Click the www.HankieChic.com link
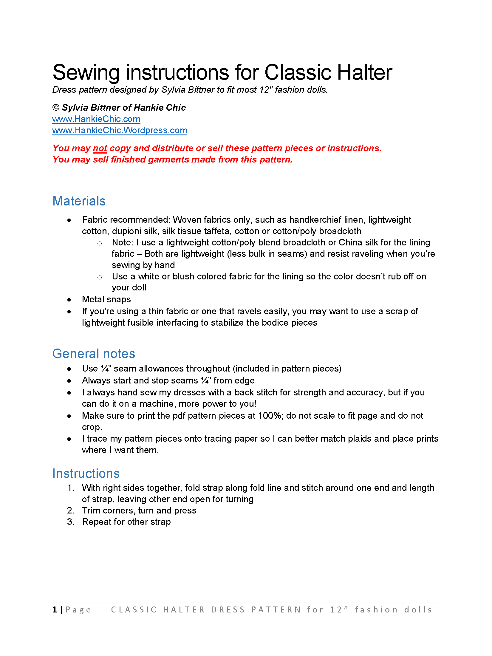[96, 119]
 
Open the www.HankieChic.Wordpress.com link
[120, 130]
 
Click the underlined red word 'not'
[100, 148]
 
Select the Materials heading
[79, 201]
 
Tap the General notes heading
[94, 354]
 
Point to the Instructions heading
[86, 474]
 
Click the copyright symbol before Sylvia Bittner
[56, 108]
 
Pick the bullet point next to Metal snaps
[69, 300]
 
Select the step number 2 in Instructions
[70, 510]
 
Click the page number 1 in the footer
[55, 609]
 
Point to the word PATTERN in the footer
[276, 609]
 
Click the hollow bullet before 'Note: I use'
[100, 243]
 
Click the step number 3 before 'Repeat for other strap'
[70, 522]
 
